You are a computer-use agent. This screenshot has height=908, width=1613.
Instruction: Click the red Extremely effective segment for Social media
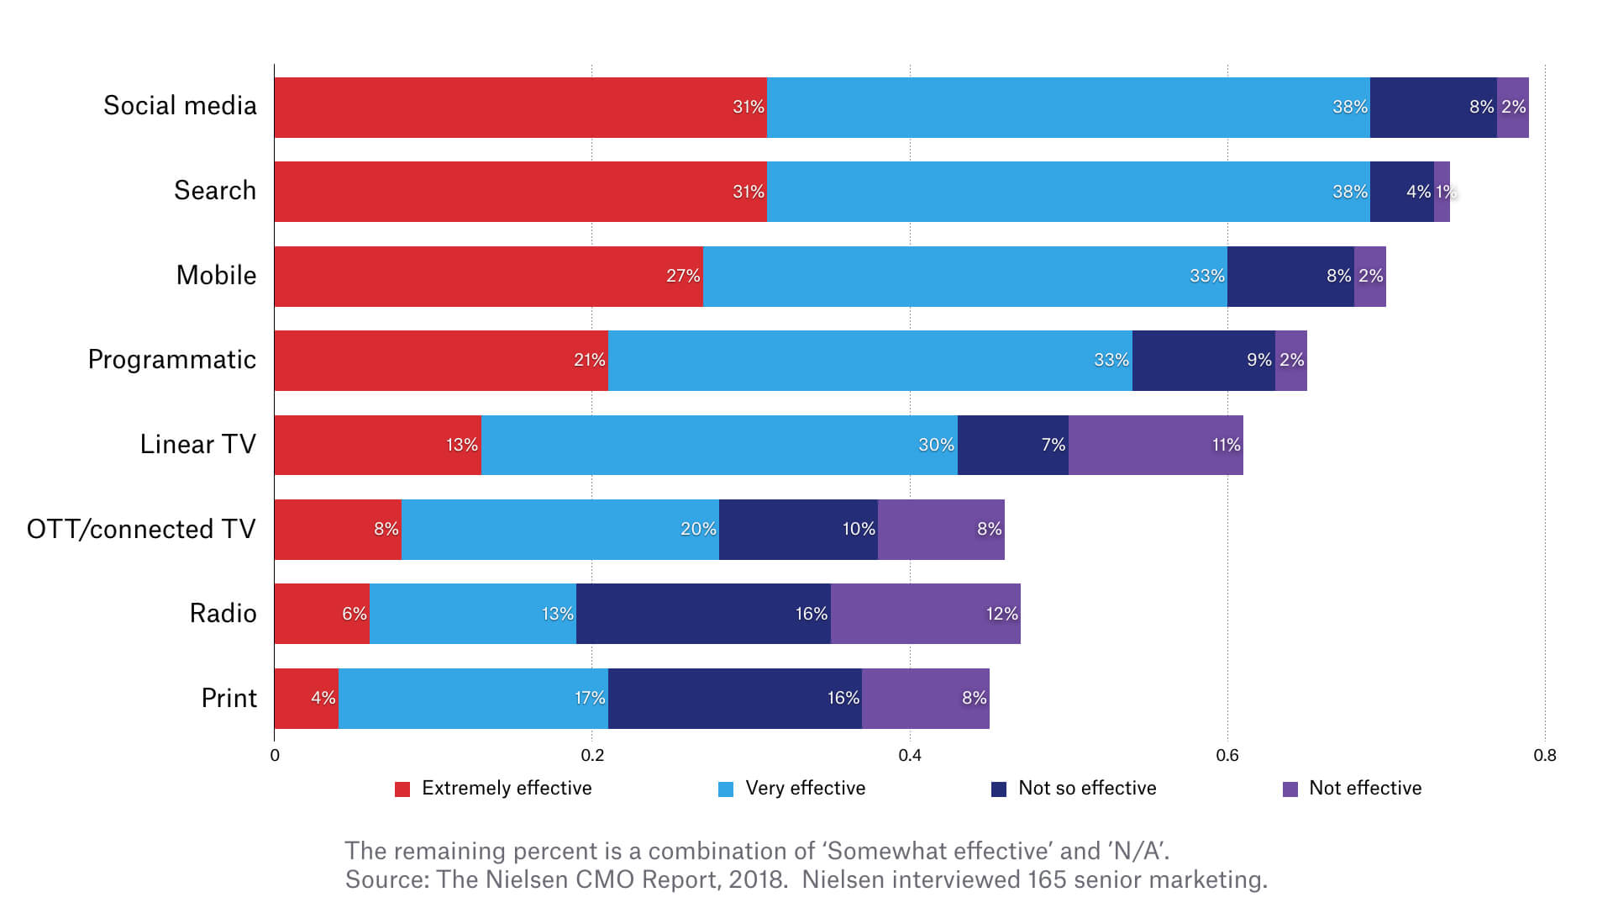[x=520, y=108]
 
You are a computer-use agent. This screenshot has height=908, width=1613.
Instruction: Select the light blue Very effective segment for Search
[x=1068, y=192]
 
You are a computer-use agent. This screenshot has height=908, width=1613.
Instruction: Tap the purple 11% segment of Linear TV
[x=1155, y=445]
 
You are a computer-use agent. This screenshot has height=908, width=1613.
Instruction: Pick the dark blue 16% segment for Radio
[x=703, y=614]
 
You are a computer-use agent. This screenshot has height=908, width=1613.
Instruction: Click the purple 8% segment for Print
[x=925, y=698]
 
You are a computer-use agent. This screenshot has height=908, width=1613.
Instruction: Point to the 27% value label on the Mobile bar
[x=683, y=276]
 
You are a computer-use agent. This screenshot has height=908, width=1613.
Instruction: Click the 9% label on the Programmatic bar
[x=1258, y=360]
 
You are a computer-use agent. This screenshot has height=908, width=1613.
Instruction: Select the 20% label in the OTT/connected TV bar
[x=698, y=529]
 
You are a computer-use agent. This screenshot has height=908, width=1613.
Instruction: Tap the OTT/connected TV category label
[x=141, y=529]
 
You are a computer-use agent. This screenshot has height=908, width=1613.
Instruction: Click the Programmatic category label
[x=171, y=360]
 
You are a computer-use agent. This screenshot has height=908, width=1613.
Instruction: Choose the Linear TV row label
[x=197, y=444]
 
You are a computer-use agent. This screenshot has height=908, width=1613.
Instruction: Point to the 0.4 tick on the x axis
[x=910, y=755]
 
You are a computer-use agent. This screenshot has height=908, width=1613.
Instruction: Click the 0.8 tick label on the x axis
[x=1544, y=755]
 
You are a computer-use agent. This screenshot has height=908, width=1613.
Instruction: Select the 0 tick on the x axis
[x=275, y=755]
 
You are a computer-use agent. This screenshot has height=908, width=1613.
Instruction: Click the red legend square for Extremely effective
[x=402, y=789]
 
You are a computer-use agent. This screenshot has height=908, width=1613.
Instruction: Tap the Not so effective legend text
[x=1087, y=789]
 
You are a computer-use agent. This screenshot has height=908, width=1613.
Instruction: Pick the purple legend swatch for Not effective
[x=1290, y=789]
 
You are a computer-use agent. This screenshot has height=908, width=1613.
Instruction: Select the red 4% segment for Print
[x=306, y=698]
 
